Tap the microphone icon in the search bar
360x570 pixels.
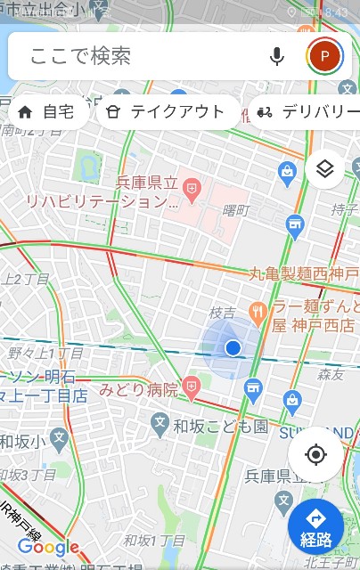pos(277,57)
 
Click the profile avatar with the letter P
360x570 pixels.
pos(325,57)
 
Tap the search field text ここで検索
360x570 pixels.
pos(80,57)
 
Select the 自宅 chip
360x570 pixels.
pos(49,112)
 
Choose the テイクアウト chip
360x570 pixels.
pos(167,112)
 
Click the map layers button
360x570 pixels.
pos(325,169)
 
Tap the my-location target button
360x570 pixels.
pos(315,455)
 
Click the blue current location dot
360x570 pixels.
pos(233,347)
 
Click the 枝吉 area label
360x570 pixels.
pos(222,313)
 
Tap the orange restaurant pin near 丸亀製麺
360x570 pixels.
pos(259,311)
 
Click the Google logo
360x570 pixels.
pos(48,548)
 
